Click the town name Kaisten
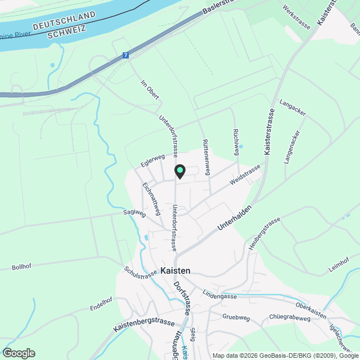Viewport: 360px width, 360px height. pos(175,271)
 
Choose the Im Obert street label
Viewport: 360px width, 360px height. pos(150,91)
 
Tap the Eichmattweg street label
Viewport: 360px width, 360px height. pos(152,198)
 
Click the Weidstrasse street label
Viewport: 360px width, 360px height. pos(245,174)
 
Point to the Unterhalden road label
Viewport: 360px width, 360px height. pos(232,219)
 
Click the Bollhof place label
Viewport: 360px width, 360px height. pos(22,267)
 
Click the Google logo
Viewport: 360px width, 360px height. pos(19,353)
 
